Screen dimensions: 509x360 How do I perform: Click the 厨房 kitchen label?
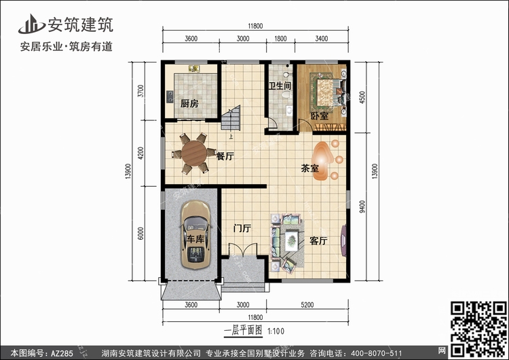[189, 104]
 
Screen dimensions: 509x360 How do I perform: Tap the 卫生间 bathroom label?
[280, 86]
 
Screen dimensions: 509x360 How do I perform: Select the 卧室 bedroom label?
[320, 116]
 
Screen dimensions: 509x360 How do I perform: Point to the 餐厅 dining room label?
[225, 156]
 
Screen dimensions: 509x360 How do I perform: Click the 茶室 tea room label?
[309, 168]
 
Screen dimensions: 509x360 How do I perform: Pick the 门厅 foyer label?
[242, 228]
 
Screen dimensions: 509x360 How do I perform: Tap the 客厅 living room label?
[318, 240]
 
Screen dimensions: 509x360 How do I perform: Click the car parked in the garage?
[195, 234]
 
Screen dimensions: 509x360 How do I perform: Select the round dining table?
[194, 154]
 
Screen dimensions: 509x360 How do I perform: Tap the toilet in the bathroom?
[286, 94]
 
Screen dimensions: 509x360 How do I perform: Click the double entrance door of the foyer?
[243, 250]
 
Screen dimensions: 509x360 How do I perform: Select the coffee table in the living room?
[292, 240]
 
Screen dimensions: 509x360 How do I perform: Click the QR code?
[478, 329]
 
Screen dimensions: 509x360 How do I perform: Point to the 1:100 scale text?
[276, 331]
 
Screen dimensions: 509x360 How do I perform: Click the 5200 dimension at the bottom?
[307, 305]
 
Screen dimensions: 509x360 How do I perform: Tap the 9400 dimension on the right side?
[362, 206]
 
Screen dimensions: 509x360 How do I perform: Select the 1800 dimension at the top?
[280, 39]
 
